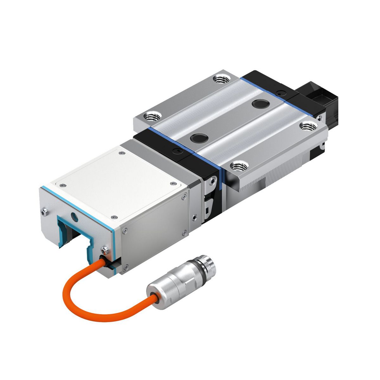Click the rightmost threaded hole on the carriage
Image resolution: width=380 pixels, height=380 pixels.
pos(308,126)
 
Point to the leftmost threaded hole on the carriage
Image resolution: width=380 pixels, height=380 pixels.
pos(152,117)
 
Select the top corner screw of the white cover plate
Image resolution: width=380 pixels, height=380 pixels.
pos(122,154)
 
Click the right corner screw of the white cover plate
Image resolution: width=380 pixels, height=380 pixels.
pos(172,184)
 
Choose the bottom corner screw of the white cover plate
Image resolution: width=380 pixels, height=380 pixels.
pos(114,217)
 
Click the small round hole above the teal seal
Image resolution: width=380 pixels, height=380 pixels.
pos(75,217)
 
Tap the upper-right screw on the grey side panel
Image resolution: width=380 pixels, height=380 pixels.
pos(184,198)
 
